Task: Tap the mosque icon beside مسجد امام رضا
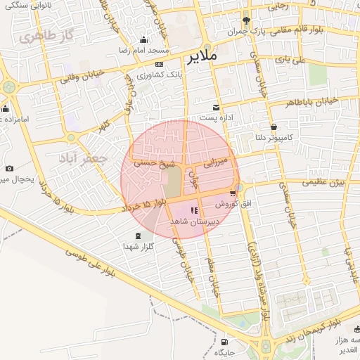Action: point(144,39)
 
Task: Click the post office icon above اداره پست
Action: point(215,107)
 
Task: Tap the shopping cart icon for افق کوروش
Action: point(233,193)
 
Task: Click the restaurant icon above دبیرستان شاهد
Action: point(194,210)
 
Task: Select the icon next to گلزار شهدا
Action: point(138,236)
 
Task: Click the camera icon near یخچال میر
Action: point(9,169)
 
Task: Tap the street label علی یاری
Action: point(294,62)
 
